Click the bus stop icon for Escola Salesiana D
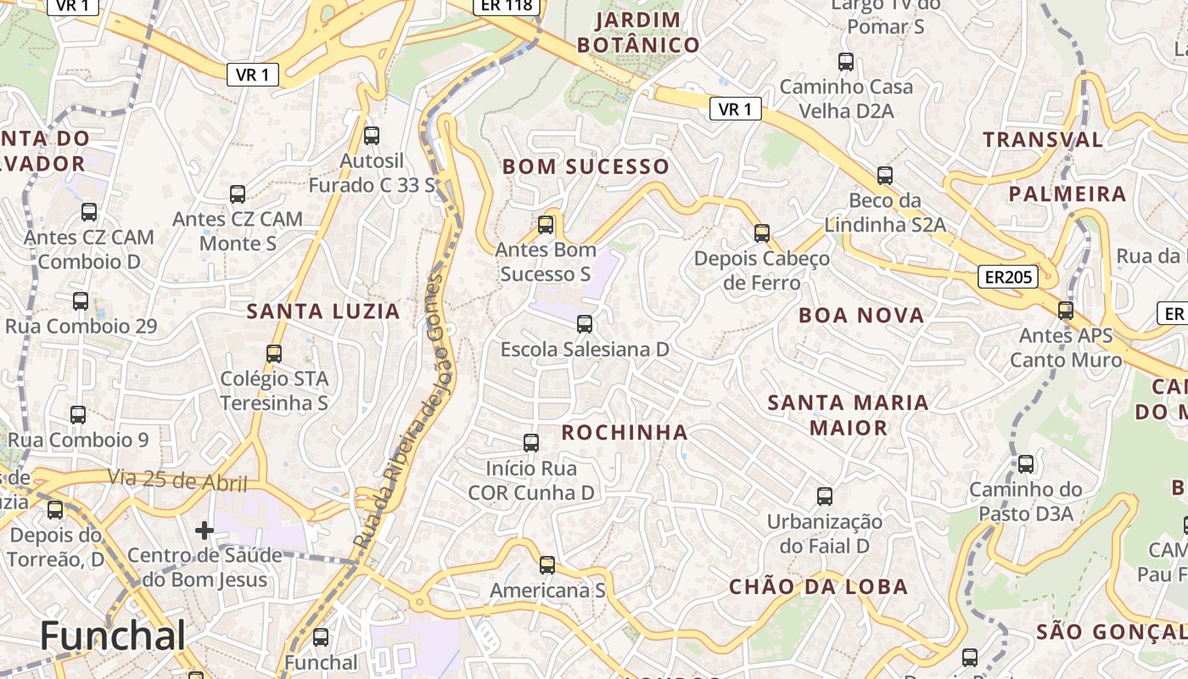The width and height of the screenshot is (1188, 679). [584, 323]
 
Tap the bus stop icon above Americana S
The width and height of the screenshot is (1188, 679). [547, 564]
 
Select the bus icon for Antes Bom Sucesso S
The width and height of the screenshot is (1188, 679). [546, 225]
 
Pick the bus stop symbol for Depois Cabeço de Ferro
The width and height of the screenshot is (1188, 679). [762, 233]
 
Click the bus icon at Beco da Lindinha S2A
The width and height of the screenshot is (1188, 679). [885, 176]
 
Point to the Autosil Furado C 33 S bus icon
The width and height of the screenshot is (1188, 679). [371, 135]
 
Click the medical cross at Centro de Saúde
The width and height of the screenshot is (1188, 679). [205, 530]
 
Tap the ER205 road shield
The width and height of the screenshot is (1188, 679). [1007, 277]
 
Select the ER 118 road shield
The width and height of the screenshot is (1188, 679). [506, 5]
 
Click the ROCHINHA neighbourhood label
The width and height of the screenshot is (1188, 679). [625, 432]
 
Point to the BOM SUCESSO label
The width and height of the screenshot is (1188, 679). [586, 166]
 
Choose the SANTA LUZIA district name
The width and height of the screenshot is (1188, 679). [323, 311]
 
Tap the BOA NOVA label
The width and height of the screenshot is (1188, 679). [861, 316]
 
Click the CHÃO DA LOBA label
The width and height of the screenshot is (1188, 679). [819, 586]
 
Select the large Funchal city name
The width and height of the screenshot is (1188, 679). [112, 636]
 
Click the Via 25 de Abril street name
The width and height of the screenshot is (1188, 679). [177, 481]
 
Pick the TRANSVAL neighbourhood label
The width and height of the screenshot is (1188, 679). [1043, 139]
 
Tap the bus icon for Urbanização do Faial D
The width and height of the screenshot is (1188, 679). [824, 497]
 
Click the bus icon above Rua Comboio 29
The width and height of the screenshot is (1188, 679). [81, 301]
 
